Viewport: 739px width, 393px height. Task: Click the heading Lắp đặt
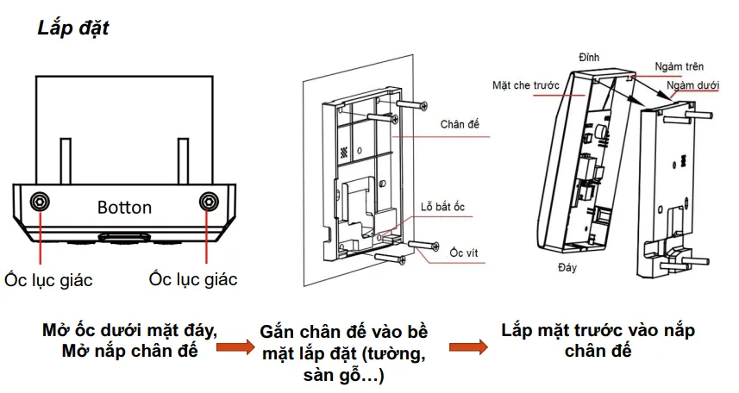72,27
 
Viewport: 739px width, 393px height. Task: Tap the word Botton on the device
124,208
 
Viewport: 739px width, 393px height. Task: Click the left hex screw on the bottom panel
40,202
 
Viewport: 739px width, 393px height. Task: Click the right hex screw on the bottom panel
208,202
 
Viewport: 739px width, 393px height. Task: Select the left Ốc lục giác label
47,280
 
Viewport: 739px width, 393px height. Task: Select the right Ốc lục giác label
192,279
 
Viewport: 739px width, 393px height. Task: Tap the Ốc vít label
463,252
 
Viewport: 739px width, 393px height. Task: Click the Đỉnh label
589,58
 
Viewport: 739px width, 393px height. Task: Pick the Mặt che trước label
526,86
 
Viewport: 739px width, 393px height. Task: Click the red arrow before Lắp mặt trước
467,347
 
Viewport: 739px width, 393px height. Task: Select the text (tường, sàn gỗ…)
343,365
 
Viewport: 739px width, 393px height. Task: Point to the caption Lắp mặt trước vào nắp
598,331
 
